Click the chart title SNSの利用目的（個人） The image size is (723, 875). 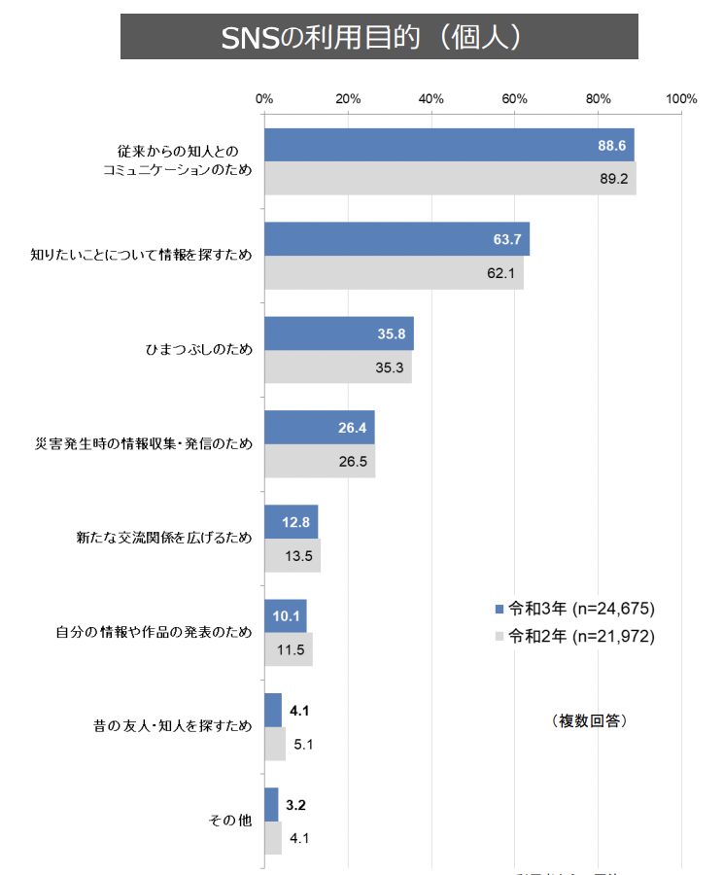click(379, 37)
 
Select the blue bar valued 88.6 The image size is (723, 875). click(448, 145)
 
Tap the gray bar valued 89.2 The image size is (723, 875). click(449, 178)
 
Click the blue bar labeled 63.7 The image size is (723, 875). click(396, 239)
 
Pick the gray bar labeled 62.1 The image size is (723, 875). click(393, 272)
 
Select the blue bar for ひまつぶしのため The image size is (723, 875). click(338, 333)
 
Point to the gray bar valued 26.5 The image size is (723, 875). click(319, 461)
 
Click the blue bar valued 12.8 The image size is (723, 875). click(291, 522)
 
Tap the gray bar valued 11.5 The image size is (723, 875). click(288, 648)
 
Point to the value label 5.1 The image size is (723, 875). click(303, 745)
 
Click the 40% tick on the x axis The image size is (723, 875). click(431, 98)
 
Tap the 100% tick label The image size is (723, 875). click(682, 98)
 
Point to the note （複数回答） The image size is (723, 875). click(589, 720)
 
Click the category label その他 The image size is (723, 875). click(230, 821)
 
